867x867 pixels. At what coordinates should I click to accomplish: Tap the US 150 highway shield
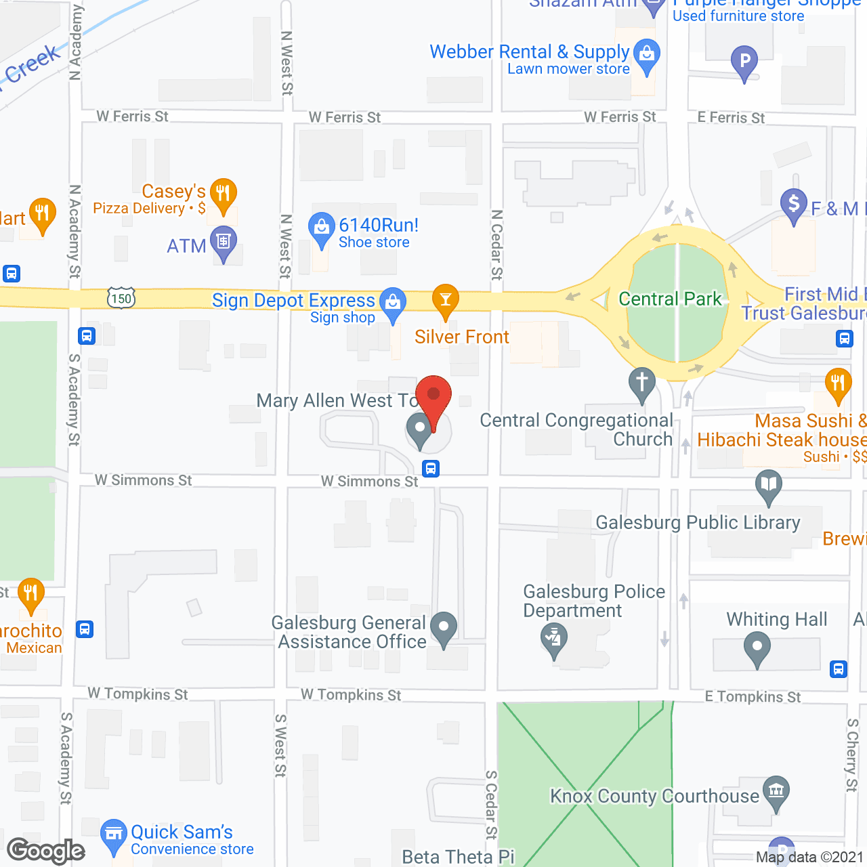[x=121, y=298]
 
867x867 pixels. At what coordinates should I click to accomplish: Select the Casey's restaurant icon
[x=223, y=194]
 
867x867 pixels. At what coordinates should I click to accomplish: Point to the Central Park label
[x=670, y=299]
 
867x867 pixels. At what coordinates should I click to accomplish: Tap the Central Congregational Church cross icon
[x=641, y=383]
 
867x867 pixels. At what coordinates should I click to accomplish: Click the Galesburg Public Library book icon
[x=769, y=485]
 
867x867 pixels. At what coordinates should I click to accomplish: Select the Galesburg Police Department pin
[x=555, y=638]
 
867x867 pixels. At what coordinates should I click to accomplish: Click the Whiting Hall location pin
[x=757, y=647]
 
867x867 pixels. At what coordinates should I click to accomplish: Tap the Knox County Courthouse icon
[x=776, y=790]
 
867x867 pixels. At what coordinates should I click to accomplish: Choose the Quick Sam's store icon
[x=113, y=834]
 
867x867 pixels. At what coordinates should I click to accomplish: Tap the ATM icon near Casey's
[x=223, y=242]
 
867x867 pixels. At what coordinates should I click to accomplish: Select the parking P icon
[x=744, y=62]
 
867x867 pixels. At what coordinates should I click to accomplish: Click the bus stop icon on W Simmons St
[x=431, y=468]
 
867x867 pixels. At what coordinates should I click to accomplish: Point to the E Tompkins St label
[x=753, y=696]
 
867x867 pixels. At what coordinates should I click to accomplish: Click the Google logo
[x=46, y=851]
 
